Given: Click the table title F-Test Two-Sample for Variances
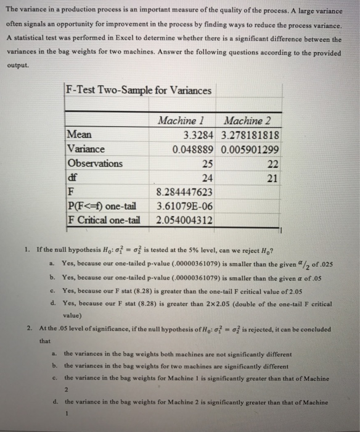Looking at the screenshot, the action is (x=139, y=91).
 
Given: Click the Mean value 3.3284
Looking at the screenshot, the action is (x=199, y=135).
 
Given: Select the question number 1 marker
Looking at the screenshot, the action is (x=28, y=251).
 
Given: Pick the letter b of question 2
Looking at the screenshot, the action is (x=54, y=366).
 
